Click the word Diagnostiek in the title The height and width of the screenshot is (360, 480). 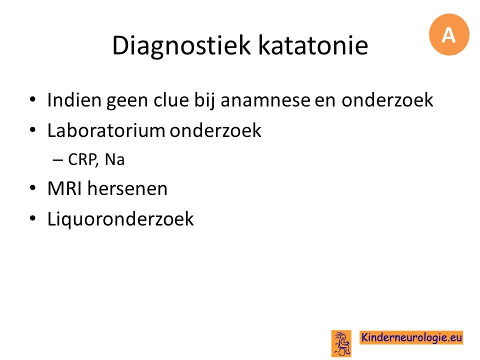[x=181, y=46]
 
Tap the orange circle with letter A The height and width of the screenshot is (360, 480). [x=449, y=34]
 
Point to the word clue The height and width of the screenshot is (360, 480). [x=171, y=99]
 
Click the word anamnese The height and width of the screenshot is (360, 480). [x=265, y=100]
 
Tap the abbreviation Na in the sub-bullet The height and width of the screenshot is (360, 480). [x=114, y=159]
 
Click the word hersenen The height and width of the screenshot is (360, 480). [x=127, y=188]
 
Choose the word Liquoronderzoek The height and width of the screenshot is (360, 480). [x=120, y=219]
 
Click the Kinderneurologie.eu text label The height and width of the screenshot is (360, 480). [x=411, y=337]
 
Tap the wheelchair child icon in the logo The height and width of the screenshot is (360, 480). [x=341, y=343]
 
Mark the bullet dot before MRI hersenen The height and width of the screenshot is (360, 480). [x=33, y=187]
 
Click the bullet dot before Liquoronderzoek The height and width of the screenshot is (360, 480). [x=33, y=218]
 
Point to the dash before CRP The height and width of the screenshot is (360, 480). [x=58, y=160]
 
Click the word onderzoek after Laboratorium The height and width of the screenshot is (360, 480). [x=215, y=130]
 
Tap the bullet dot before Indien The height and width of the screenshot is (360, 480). [x=33, y=99]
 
